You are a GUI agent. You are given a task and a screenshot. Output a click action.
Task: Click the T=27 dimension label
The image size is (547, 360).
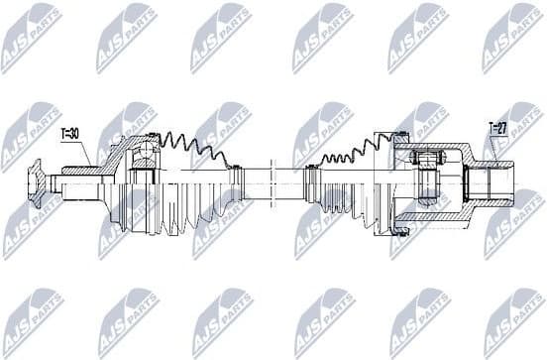click(497, 127)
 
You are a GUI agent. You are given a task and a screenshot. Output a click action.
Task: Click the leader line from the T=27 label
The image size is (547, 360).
click(492, 149)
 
